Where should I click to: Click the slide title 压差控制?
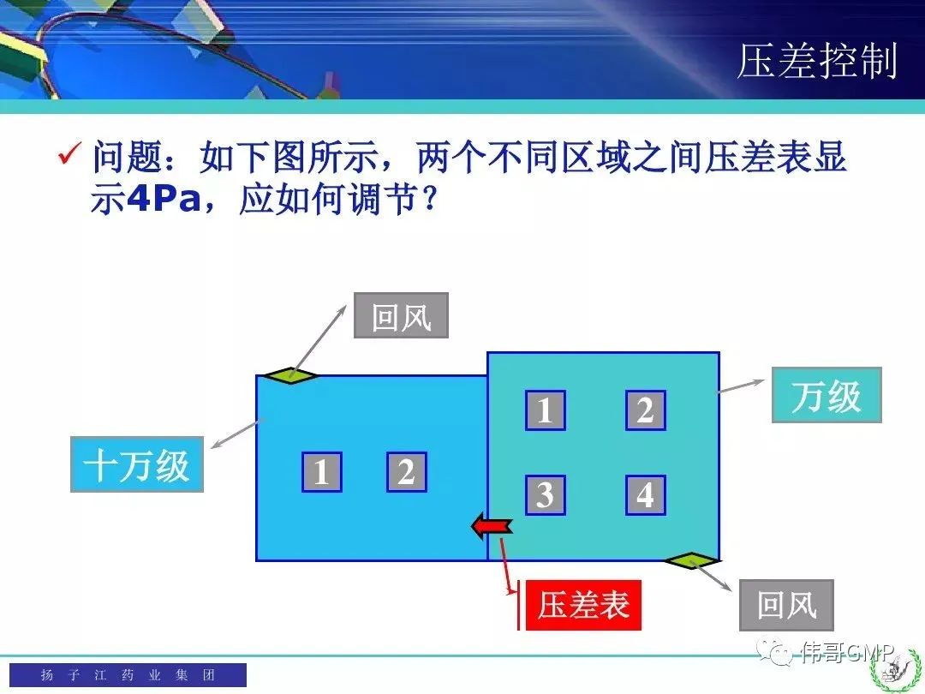coord(818,61)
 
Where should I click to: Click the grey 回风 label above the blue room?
coord(401,315)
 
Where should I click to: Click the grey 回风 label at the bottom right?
coord(786,605)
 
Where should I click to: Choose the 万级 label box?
coord(827,395)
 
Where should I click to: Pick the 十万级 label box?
coord(137,464)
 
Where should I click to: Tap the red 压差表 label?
coord(583,605)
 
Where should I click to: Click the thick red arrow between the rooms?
coord(492,524)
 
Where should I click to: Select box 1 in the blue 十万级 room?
coord(321,472)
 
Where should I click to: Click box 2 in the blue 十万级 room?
coord(407,472)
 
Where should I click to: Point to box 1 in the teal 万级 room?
coord(545,410)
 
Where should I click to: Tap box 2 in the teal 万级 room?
coord(646,410)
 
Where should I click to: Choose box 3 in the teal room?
coord(545,495)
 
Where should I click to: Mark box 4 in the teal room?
coord(646,495)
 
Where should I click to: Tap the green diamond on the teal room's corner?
coord(691,560)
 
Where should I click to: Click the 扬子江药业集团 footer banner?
coord(128,674)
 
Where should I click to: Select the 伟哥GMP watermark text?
coord(848,652)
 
